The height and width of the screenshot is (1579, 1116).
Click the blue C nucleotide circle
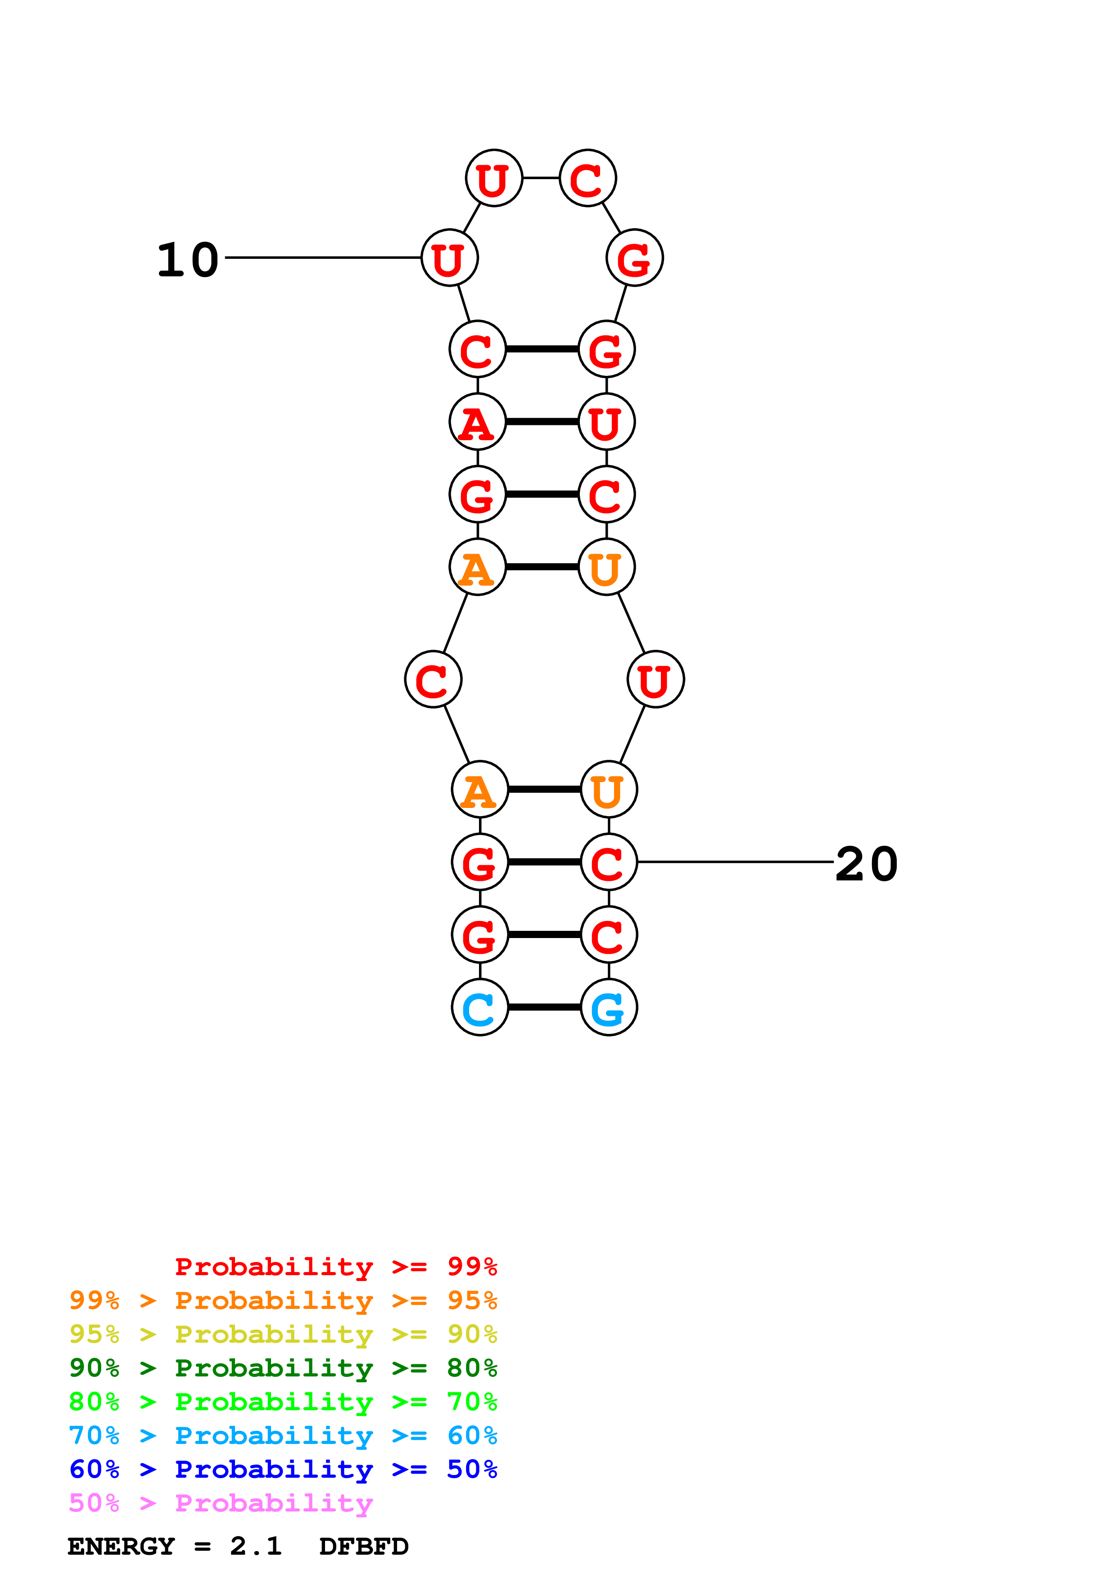pyautogui.click(x=479, y=1007)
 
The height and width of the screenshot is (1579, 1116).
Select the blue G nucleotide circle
pyautogui.click(x=609, y=1007)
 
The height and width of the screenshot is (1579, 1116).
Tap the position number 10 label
pyautogui.click(x=188, y=261)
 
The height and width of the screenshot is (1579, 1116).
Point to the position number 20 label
pyautogui.click(x=867, y=865)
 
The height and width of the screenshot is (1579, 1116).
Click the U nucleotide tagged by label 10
pyautogui.click(x=449, y=258)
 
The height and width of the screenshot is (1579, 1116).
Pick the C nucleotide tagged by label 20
pyautogui.click(x=609, y=862)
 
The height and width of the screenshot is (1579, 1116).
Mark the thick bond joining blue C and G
pyautogui.click(x=544, y=1007)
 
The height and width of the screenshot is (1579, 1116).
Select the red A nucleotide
pyautogui.click(x=477, y=422)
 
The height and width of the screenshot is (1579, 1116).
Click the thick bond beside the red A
pyautogui.click(x=542, y=422)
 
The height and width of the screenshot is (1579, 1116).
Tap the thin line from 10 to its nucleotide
pyautogui.click(x=323, y=258)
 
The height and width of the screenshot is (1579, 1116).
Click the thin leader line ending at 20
pyautogui.click(x=736, y=862)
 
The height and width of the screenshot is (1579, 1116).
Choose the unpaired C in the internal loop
pyautogui.click(x=433, y=680)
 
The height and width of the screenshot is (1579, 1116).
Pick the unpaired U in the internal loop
pyautogui.click(x=655, y=680)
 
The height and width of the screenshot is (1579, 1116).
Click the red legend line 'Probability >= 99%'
pyautogui.click(x=336, y=1266)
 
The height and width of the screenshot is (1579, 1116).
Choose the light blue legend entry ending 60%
pyautogui.click(x=283, y=1435)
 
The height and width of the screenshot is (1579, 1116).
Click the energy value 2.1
pyautogui.click(x=256, y=1546)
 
